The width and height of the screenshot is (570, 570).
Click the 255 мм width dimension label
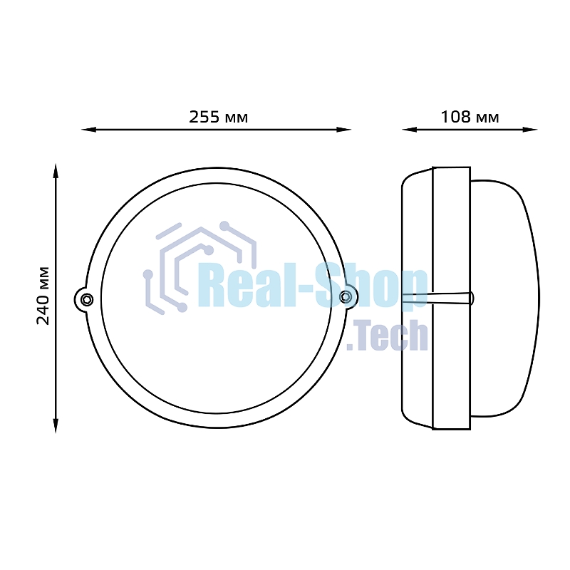(219, 117)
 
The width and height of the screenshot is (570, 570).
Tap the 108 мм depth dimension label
(470, 117)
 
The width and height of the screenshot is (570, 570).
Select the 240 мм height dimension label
(43, 296)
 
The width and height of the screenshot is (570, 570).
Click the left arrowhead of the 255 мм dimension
(88, 130)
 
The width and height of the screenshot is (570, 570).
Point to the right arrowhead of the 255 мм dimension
(343, 130)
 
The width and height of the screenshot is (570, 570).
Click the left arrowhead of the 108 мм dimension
(410, 130)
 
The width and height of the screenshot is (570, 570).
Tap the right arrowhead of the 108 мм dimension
(530, 130)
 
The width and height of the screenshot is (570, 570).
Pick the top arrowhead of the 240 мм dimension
(56, 171)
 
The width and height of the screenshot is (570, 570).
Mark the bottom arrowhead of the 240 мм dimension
(56, 425)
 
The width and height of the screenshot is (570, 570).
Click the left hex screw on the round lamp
(87, 299)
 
